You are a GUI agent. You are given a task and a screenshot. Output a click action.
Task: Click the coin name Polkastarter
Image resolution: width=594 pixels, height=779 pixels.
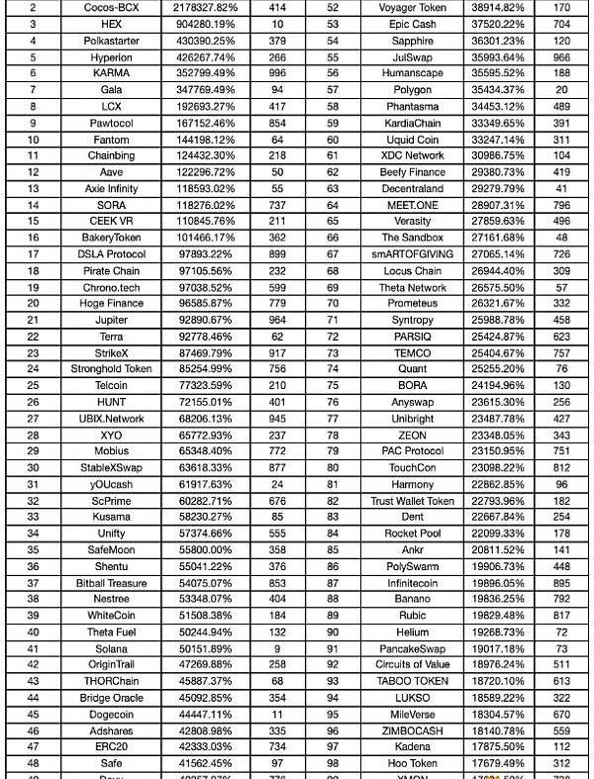(112, 41)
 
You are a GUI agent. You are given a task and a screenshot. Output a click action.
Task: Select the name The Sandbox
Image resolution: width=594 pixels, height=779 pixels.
(413, 239)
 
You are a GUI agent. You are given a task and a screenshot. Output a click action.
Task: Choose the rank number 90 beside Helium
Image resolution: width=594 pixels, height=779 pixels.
(333, 633)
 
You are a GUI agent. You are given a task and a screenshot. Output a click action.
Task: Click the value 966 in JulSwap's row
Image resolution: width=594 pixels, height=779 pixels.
(560, 57)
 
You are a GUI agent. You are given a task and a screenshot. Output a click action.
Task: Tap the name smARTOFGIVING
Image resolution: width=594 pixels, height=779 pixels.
(413, 254)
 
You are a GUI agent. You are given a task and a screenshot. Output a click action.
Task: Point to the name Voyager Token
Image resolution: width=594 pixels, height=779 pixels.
(413, 7)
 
